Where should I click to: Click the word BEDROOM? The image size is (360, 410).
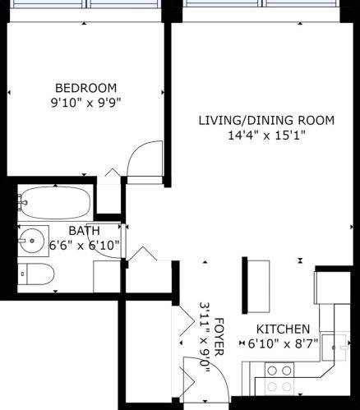pos(85,88)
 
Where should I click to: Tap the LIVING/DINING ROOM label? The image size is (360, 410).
pos(266,121)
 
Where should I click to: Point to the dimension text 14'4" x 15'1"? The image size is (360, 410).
pos(266,136)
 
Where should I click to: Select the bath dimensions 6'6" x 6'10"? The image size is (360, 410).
pos(85,245)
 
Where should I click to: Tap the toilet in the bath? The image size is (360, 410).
pos(36,274)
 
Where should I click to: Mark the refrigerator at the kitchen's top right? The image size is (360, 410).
pos(336,288)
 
